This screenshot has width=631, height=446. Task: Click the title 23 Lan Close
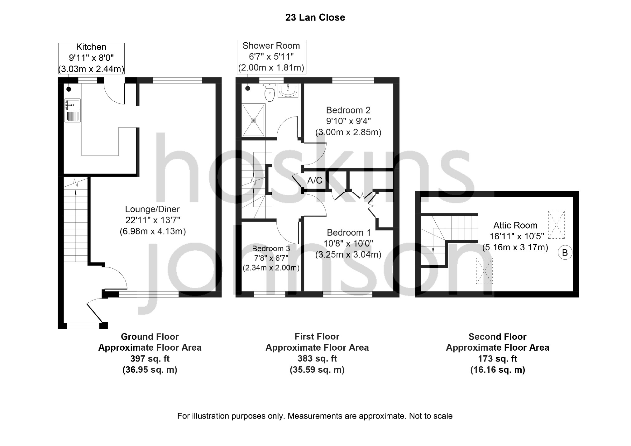(x=315, y=17)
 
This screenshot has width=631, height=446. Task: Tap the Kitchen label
(x=91, y=47)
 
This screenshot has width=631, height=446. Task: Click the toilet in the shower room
(x=269, y=92)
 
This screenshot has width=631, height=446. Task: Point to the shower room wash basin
(x=288, y=90)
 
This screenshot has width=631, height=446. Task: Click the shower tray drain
(x=253, y=120)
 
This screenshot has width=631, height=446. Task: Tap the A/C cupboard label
(x=315, y=180)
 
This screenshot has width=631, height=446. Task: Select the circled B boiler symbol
(x=565, y=252)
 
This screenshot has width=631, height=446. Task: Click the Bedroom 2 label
(x=348, y=110)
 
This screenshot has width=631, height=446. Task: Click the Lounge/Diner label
(x=153, y=209)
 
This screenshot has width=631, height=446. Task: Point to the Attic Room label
(x=515, y=225)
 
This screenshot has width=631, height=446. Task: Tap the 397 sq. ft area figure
(x=150, y=359)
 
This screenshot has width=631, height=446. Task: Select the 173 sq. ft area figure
(x=498, y=359)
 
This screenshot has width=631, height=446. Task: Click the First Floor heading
(x=317, y=337)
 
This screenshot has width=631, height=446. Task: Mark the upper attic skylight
(x=556, y=225)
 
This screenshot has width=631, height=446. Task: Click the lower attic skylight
(x=484, y=271)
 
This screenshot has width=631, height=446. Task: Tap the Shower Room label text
(x=271, y=46)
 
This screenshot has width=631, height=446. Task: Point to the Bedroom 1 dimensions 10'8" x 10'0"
(x=349, y=244)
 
